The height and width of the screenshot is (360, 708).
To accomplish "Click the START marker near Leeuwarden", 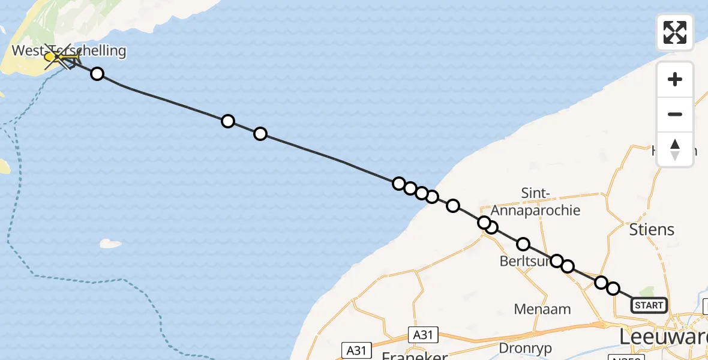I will (x=649, y=305).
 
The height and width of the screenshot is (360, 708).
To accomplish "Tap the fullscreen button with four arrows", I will (x=675, y=32).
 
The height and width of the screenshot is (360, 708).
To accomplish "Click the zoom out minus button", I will (x=675, y=114).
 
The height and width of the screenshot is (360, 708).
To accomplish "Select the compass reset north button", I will (x=675, y=149).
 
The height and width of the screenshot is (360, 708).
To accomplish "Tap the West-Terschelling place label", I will (x=69, y=51).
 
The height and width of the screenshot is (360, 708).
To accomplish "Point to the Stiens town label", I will (x=652, y=229).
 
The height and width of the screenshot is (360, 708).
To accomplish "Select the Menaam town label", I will (x=542, y=309).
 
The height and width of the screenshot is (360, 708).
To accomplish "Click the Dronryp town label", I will (x=526, y=348).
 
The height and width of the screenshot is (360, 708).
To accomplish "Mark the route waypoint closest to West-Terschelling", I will (x=97, y=74).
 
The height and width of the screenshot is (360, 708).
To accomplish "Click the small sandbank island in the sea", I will (x=110, y=244).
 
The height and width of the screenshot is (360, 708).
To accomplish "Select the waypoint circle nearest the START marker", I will (x=613, y=289).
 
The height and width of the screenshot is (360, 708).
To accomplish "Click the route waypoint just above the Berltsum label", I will (x=523, y=244).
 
